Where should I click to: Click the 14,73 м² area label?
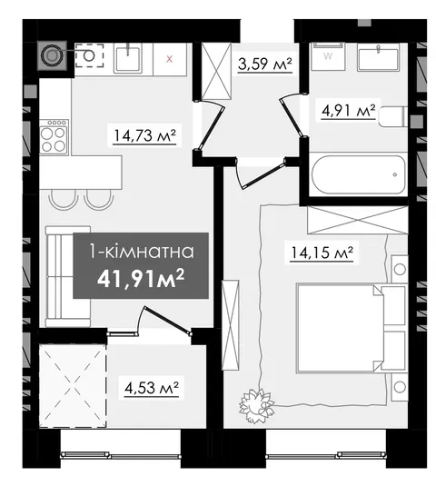click(144, 136)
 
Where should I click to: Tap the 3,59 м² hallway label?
click(265, 64)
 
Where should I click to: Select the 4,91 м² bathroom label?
click(349, 111)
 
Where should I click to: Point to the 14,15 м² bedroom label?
click(322, 253)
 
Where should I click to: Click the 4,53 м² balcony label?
click(152, 388)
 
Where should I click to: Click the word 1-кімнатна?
click(141, 251)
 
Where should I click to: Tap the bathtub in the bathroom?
click(359, 174)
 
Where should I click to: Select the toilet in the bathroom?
click(393, 116)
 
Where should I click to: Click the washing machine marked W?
click(328, 56)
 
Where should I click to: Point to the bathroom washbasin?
click(378, 57)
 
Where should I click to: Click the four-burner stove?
click(54, 137)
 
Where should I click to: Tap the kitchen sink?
click(128, 58)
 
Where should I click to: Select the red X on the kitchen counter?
click(169, 59)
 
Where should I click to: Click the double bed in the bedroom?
click(351, 327)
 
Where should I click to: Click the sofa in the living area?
click(68, 276)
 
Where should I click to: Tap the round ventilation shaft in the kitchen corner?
click(52, 55)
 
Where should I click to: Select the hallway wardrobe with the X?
click(216, 71)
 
